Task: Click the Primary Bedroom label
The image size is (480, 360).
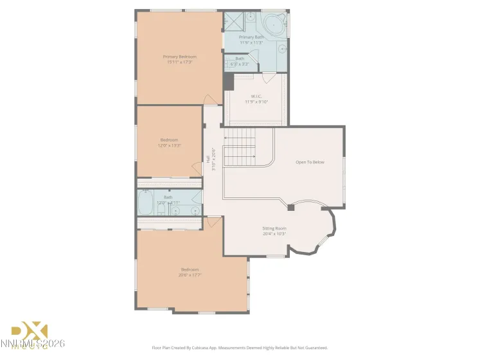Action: tap(179, 57)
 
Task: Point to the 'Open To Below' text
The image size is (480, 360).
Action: tap(310, 162)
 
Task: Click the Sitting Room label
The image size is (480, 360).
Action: tap(274, 228)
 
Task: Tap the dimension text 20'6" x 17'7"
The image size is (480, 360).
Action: tap(190, 274)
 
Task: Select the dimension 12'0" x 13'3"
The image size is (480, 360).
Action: tap(170, 145)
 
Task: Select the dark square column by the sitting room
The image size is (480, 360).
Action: tap(291, 208)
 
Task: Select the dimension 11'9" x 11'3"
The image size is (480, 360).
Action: tap(251, 42)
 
